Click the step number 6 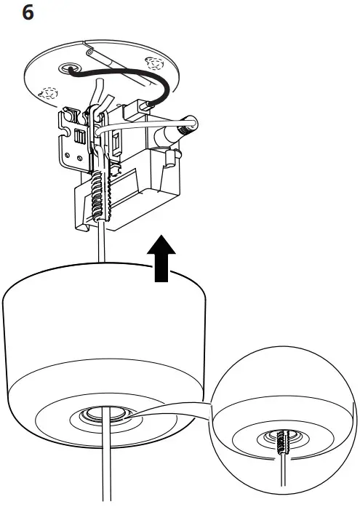[28, 13]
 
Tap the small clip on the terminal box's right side [171, 155]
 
